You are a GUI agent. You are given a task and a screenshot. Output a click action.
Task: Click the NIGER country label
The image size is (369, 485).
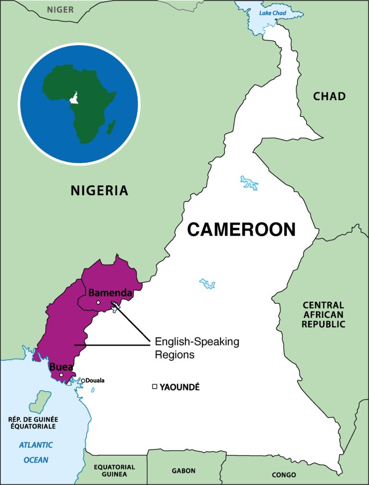point(60,9)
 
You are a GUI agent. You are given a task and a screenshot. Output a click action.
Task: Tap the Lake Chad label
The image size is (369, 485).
point(272,13)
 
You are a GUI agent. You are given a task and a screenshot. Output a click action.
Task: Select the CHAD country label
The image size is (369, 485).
point(329,96)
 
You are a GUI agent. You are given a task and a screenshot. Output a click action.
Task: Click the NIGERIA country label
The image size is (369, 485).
point(99,191)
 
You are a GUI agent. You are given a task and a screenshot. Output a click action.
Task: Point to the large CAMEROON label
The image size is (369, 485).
point(241,230)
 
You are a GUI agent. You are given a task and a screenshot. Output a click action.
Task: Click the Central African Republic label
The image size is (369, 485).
point(323,315)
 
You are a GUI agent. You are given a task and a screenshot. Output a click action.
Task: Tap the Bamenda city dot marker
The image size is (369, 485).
point(98,303)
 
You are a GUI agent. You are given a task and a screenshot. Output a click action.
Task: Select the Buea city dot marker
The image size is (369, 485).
point(61,375)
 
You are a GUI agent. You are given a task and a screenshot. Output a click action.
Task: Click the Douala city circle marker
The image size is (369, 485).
point(83,381)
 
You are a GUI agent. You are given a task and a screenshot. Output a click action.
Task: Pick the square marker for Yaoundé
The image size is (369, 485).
point(154,386)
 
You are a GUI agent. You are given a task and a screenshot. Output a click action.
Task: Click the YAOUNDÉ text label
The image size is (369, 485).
point(179,387)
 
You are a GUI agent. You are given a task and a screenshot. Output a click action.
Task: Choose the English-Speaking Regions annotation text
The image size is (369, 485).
point(197,348)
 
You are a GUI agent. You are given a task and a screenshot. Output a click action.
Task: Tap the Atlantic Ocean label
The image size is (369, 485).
point(36,452)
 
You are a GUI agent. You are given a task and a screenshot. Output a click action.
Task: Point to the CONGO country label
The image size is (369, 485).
point(283,474)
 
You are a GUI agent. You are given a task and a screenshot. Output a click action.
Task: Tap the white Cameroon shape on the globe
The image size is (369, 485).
point(74,98)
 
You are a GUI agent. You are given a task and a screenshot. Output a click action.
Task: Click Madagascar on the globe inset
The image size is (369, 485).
point(111,127)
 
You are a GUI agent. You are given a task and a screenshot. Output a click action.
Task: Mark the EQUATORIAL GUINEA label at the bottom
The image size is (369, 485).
point(114,470)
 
